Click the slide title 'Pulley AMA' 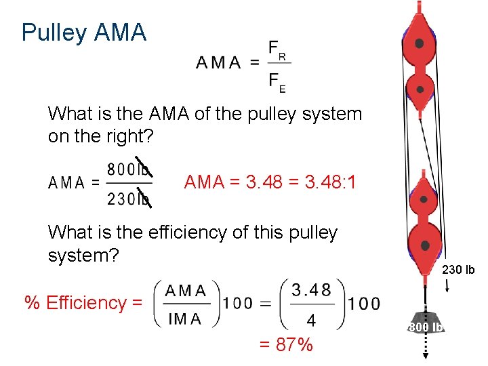click(83, 33)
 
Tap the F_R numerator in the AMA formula click(277, 49)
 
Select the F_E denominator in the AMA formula click(277, 82)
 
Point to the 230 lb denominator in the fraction click(129, 199)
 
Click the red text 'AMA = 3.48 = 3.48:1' click(270, 182)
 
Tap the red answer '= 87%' click(286, 344)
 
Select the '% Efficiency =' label click(84, 302)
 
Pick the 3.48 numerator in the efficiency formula click(311, 290)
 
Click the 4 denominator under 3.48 click(311, 319)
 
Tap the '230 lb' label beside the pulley click(458, 270)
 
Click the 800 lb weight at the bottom click(425, 326)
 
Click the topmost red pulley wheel click(420, 43)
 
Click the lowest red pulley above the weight click(425, 245)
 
